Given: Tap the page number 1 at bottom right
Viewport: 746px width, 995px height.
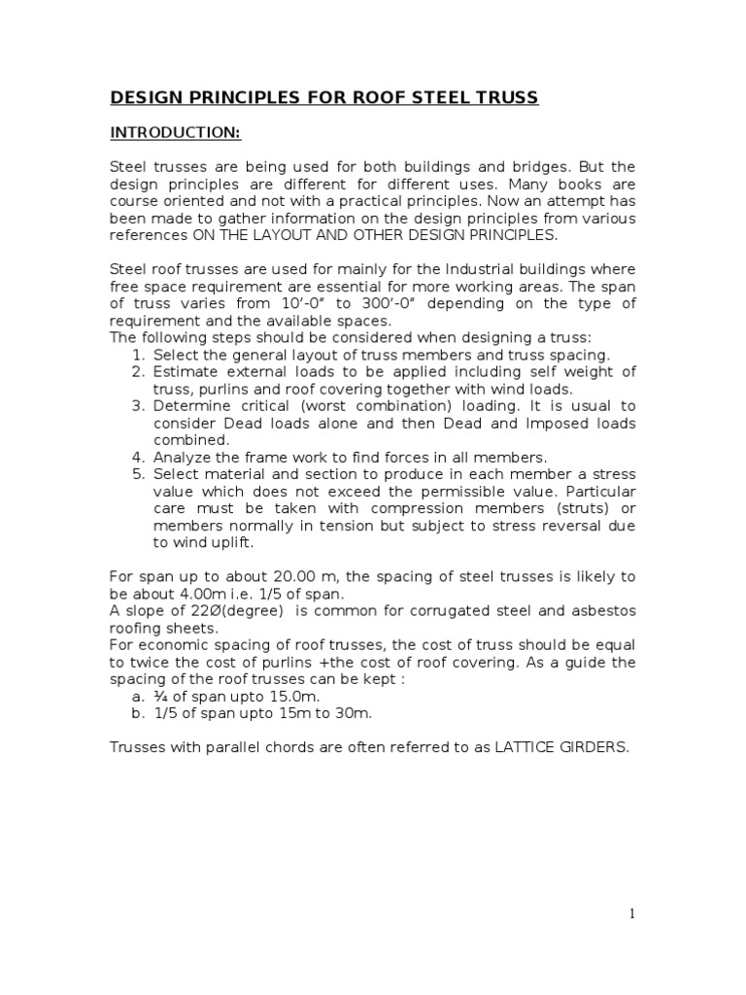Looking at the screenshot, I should [x=631, y=913].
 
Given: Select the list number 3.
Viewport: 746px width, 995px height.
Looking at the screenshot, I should [x=138, y=406].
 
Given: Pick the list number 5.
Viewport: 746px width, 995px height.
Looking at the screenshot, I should [x=138, y=474].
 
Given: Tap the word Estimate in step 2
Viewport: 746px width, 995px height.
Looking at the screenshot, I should [x=185, y=372].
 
